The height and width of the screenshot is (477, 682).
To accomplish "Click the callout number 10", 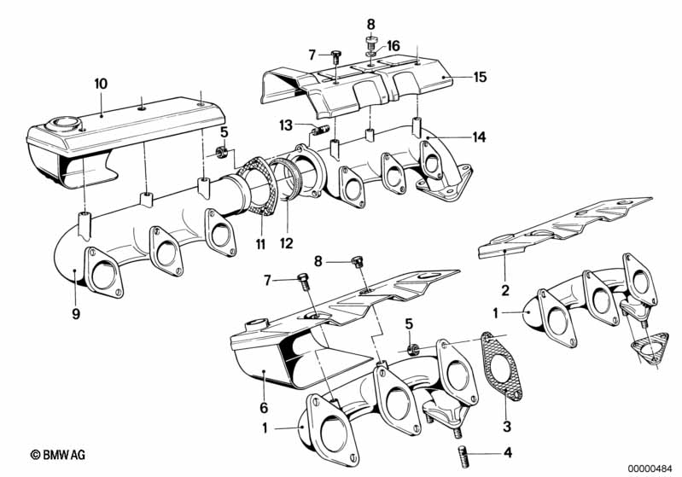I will click(x=101, y=84).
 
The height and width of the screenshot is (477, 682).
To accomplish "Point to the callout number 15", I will click(x=480, y=78).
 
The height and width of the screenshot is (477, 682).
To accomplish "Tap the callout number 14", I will click(x=480, y=137).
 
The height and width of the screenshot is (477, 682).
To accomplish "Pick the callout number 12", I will click(x=286, y=243).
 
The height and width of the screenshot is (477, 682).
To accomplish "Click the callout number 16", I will click(x=393, y=45).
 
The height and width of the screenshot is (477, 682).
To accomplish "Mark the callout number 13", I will click(x=285, y=125).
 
